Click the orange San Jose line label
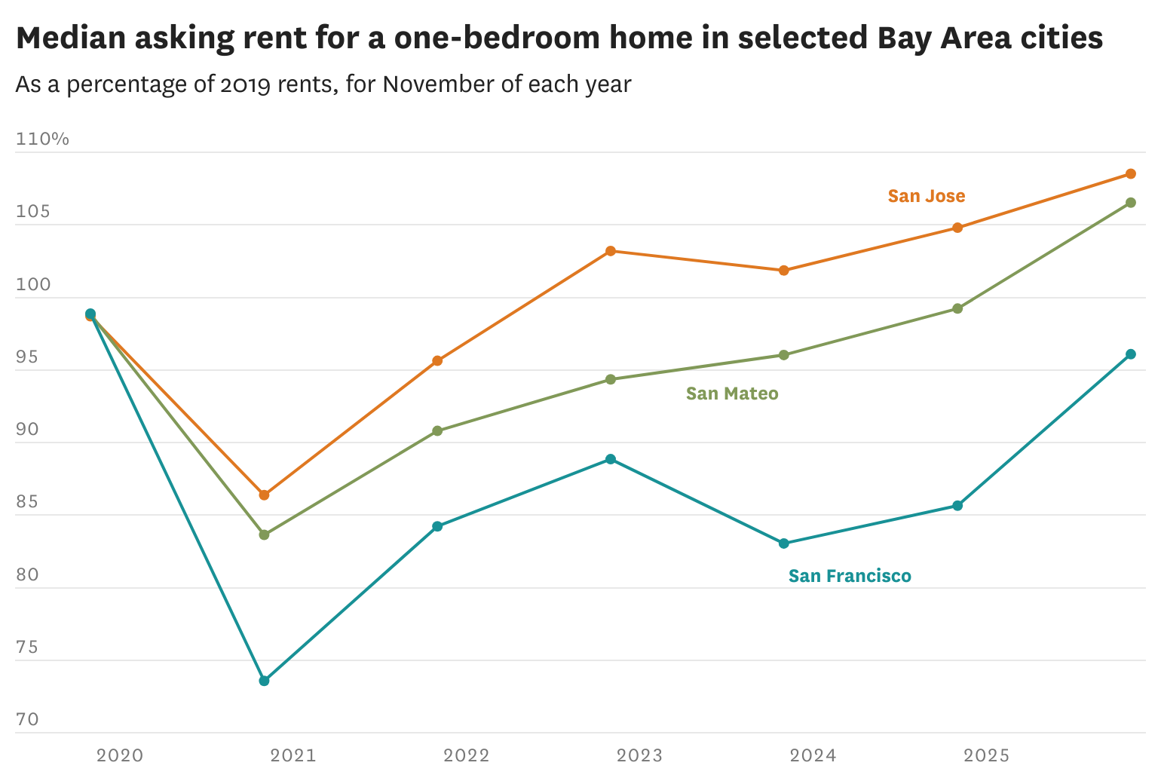(926, 196)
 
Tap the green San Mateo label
(731, 394)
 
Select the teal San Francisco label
(850, 576)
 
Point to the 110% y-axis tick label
(42, 139)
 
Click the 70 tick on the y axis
(27, 719)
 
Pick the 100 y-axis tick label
(33, 284)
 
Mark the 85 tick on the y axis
(27, 501)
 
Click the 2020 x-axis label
(120, 755)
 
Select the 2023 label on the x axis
(639, 755)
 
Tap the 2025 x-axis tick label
(986, 755)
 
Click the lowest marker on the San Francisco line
(264, 681)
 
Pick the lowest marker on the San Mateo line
(264, 534)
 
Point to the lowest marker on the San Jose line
(264, 495)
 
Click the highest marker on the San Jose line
(1130, 174)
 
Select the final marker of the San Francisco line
(1130, 354)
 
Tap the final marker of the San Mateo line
(1130, 203)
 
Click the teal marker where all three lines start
(90, 314)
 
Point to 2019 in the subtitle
(245, 84)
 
